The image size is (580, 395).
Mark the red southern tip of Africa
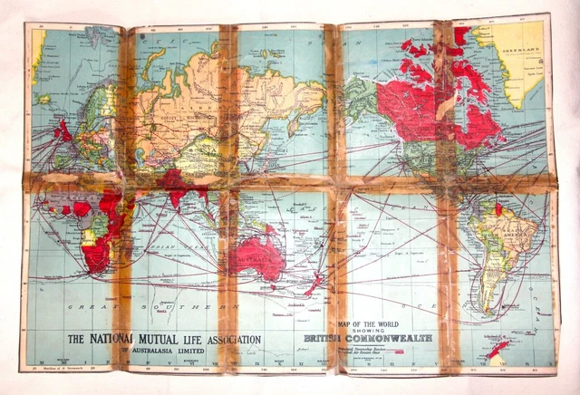coord(95,259)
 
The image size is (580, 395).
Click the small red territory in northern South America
coord(498,210)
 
